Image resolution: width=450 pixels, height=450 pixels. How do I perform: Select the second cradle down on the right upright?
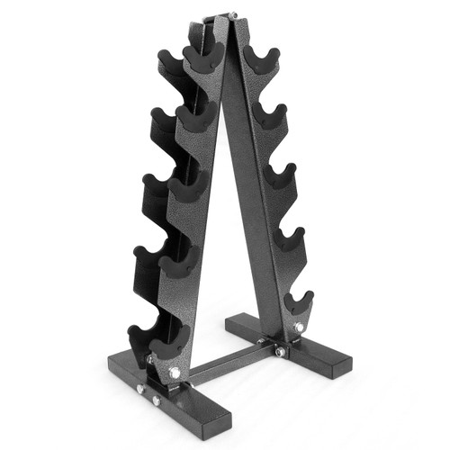(269, 115)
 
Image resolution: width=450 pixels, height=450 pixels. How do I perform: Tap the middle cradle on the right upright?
(282, 175)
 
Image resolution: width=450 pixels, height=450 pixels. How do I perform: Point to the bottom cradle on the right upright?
(298, 301)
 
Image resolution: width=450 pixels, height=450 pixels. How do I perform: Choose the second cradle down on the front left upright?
(197, 116)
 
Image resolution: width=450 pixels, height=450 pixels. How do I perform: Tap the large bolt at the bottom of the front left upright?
(173, 371)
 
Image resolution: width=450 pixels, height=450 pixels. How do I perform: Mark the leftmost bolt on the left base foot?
(139, 389)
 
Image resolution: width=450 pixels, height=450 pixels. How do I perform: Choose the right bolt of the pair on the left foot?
(156, 399)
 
